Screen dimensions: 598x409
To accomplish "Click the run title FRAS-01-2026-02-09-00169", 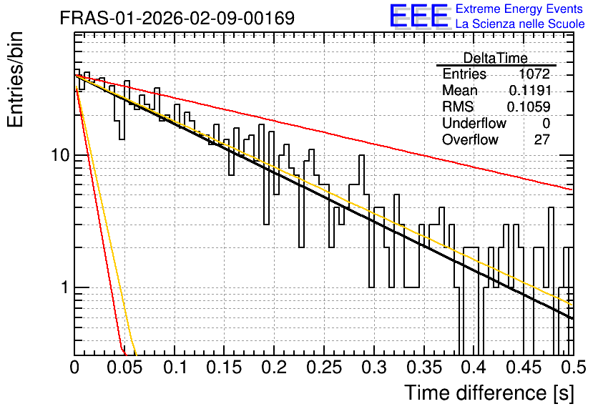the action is click(177, 18).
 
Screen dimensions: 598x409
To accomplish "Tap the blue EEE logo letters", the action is click(419, 16).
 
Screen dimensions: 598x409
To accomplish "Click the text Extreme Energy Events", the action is click(519, 9).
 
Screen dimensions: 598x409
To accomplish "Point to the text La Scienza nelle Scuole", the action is click(520, 24).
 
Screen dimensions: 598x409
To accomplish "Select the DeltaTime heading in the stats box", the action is click(495, 58).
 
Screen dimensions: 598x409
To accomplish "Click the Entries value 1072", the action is click(534, 74).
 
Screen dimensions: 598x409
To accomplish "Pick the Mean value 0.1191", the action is click(530, 90).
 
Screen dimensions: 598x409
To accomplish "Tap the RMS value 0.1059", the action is click(529, 107).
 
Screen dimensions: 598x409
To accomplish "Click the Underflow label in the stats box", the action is click(474, 123).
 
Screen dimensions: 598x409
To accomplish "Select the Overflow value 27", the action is click(542, 139).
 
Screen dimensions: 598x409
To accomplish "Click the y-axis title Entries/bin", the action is click(15, 80).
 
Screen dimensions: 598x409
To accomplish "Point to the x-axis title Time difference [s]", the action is click(489, 393).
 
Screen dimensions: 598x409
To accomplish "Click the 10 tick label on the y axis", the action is click(61, 155).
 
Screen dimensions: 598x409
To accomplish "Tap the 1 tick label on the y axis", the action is click(65, 287).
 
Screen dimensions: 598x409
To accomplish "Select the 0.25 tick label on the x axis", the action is click(324, 368).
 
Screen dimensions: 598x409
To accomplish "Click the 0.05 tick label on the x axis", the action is click(124, 368).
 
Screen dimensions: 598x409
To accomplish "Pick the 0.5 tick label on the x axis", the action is click(573, 368).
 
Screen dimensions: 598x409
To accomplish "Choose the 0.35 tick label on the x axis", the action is click(424, 368).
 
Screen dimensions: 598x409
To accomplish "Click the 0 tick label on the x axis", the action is click(74, 368).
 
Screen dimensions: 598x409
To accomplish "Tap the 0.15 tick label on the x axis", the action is click(225, 368).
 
